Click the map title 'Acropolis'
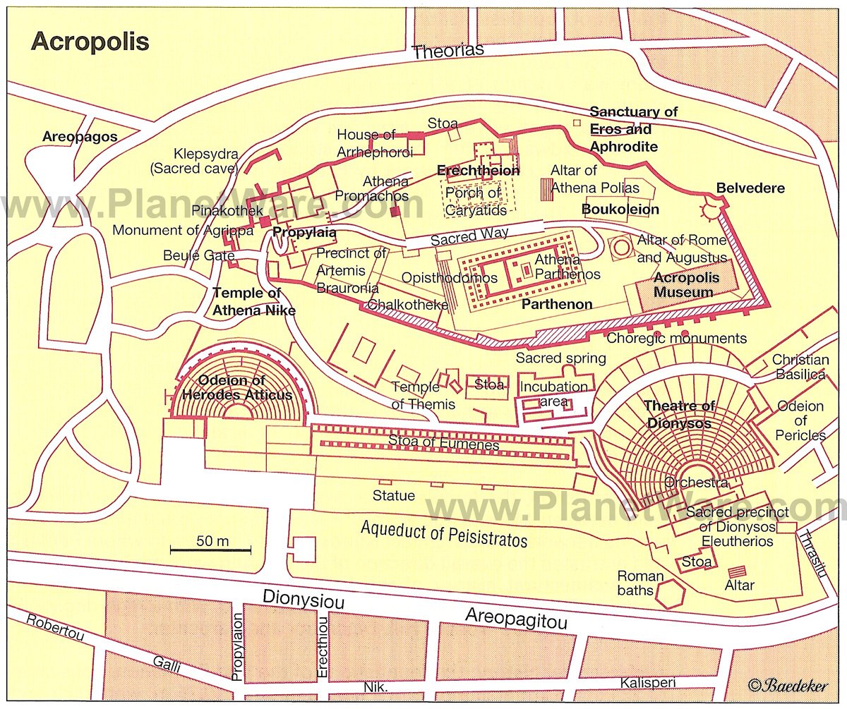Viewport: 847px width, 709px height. coord(90,42)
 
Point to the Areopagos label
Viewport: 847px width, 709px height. coord(79,136)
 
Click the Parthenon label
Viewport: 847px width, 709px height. coord(556,305)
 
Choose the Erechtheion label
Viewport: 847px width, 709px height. coord(478,171)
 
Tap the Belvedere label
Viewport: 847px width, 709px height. coord(750,188)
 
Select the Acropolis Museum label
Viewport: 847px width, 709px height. coord(686,284)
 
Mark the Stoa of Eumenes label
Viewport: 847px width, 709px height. coord(443,445)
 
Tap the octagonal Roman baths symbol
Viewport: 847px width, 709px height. coord(668,593)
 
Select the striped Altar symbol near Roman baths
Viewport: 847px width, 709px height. coord(738,571)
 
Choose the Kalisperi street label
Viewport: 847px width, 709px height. coord(648,683)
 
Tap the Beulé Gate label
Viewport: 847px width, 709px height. coord(193,255)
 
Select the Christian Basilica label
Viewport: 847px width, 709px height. coord(800,367)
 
